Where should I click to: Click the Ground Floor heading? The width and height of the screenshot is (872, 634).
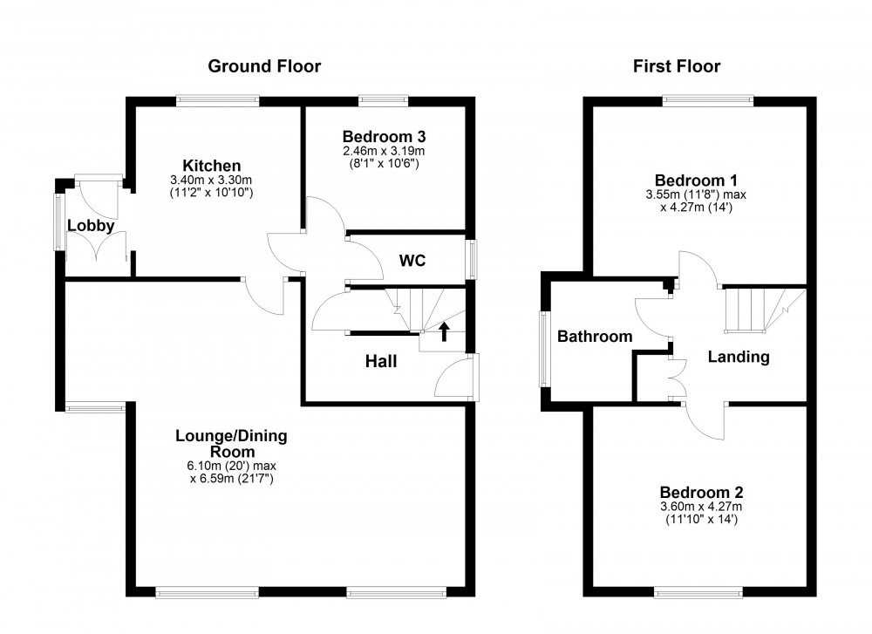(x=263, y=66)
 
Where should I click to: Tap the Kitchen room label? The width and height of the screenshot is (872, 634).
(x=211, y=166)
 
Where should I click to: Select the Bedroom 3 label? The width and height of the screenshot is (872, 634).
(x=384, y=137)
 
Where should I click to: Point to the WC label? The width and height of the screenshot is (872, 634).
(x=412, y=260)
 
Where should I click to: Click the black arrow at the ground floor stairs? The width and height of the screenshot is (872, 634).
(x=445, y=331)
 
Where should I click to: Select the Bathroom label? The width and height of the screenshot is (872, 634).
(x=595, y=336)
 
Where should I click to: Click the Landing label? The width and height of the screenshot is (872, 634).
(x=738, y=356)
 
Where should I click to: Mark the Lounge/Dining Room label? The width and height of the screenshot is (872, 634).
(x=231, y=444)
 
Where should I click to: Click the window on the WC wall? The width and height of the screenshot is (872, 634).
(x=472, y=260)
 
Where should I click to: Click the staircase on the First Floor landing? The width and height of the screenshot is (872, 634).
(x=754, y=310)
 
